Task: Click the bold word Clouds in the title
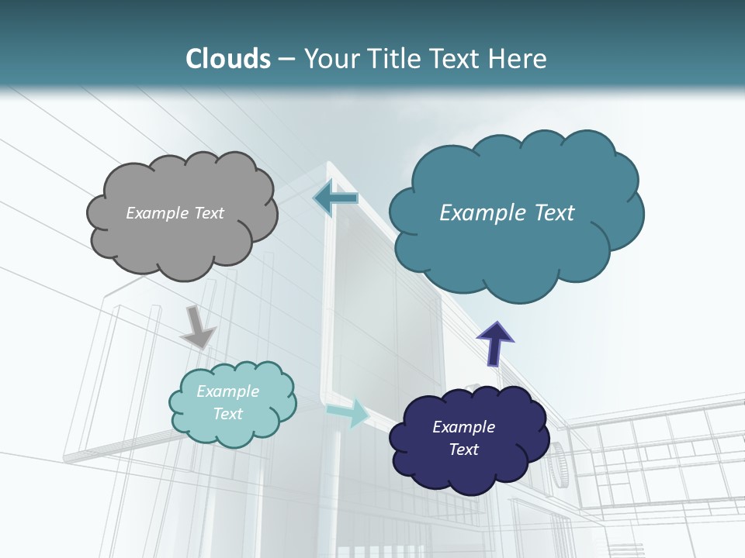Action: coord(227,59)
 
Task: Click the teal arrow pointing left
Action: coord(335,198)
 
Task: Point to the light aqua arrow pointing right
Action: coord(348,412)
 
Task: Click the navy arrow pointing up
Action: coord(495,343)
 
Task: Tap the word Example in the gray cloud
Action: coord(157,213)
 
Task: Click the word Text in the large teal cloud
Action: coord(547,213)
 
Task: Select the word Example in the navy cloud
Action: coord(463,427)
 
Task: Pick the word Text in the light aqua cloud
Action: coord(228,414)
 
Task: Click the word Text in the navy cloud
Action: coord(463,449)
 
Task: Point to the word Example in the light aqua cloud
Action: coord(228,391)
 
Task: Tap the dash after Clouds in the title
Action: coord(286,59)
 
